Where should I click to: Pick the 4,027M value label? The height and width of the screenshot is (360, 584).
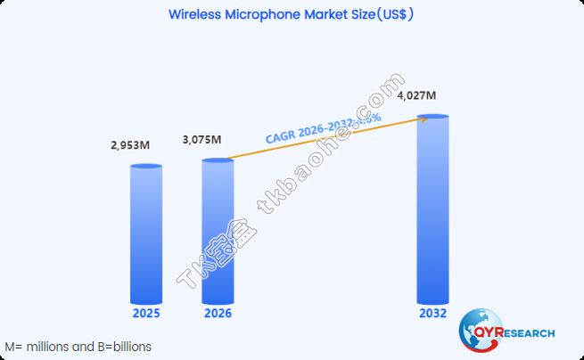(416, 96)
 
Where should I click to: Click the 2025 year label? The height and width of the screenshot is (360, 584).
(146, 314)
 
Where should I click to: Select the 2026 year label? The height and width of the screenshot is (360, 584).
(218, 314)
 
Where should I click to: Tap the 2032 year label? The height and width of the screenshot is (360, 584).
(432, 314)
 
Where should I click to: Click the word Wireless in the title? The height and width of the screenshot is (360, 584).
(198, 15)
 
